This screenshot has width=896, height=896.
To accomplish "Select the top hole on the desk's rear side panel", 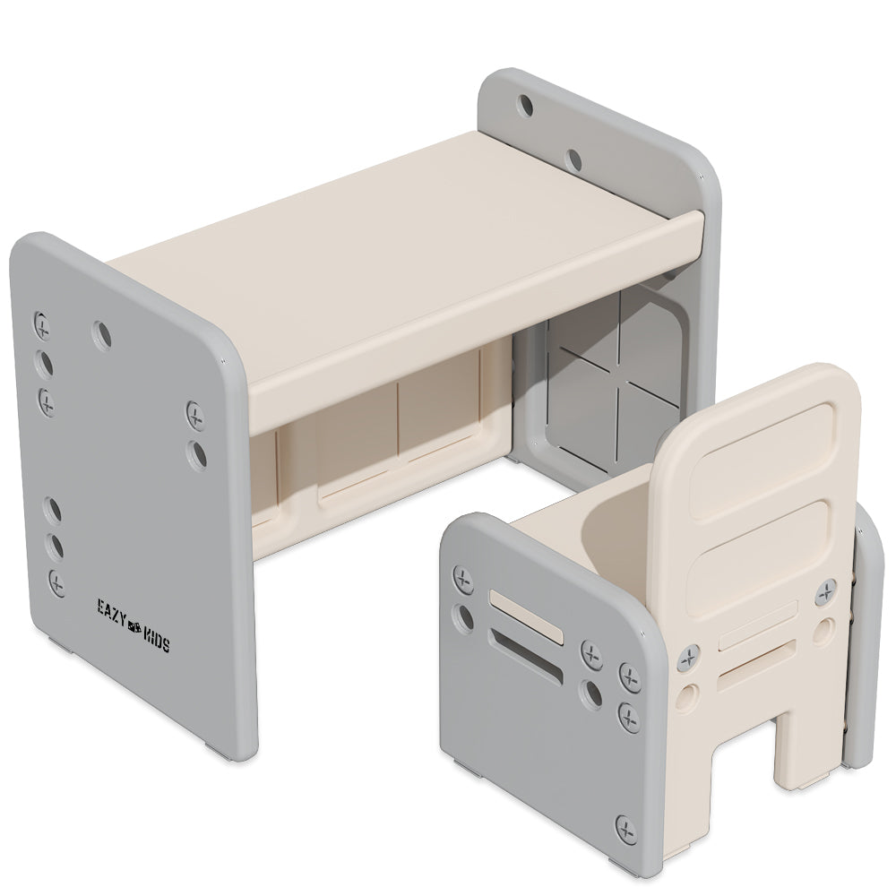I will coord(526,107).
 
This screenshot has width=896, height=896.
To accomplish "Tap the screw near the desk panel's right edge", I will coord(195,412).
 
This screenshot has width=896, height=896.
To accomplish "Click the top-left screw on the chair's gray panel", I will coord(464,579).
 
